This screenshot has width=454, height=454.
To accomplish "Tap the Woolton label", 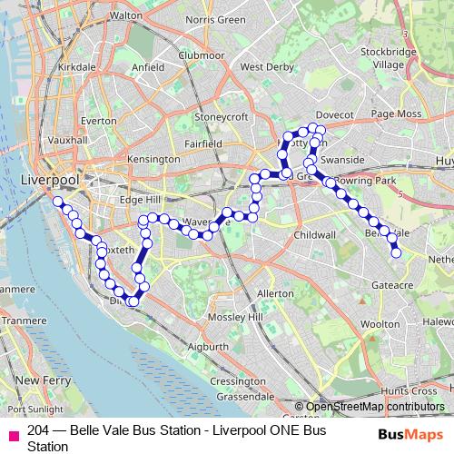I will [x=380, y=323].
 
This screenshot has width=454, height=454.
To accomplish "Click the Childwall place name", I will [x=314, y=233].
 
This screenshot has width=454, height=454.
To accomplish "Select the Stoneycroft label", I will [x=221, y=115].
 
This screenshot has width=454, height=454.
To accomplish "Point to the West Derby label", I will [x=264, y=66].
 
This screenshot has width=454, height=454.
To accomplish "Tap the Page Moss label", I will [x=396, y=113].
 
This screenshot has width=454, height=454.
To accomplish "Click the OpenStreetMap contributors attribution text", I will [x=375, y=407].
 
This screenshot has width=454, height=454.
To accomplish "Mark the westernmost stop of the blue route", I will [x=58, y=202].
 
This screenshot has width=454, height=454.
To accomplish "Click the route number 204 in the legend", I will [x=38, y=430].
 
